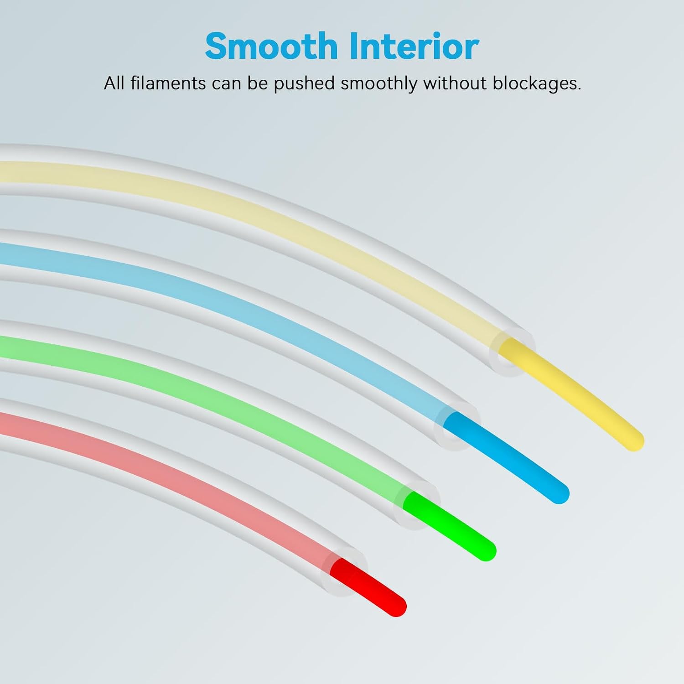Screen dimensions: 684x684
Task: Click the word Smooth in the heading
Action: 271,46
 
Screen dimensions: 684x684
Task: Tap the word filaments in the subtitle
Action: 168,83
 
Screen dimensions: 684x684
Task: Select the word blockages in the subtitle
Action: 537,83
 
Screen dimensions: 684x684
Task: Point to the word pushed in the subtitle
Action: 304,84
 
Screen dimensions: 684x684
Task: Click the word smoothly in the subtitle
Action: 379,84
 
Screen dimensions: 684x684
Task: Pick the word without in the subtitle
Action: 455,83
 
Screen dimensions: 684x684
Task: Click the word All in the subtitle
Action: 114,83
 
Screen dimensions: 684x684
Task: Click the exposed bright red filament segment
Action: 367,587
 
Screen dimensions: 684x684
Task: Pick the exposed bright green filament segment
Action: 449,525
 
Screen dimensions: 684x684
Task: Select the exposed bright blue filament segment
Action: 506,457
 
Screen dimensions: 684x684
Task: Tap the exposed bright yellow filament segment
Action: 570,394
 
